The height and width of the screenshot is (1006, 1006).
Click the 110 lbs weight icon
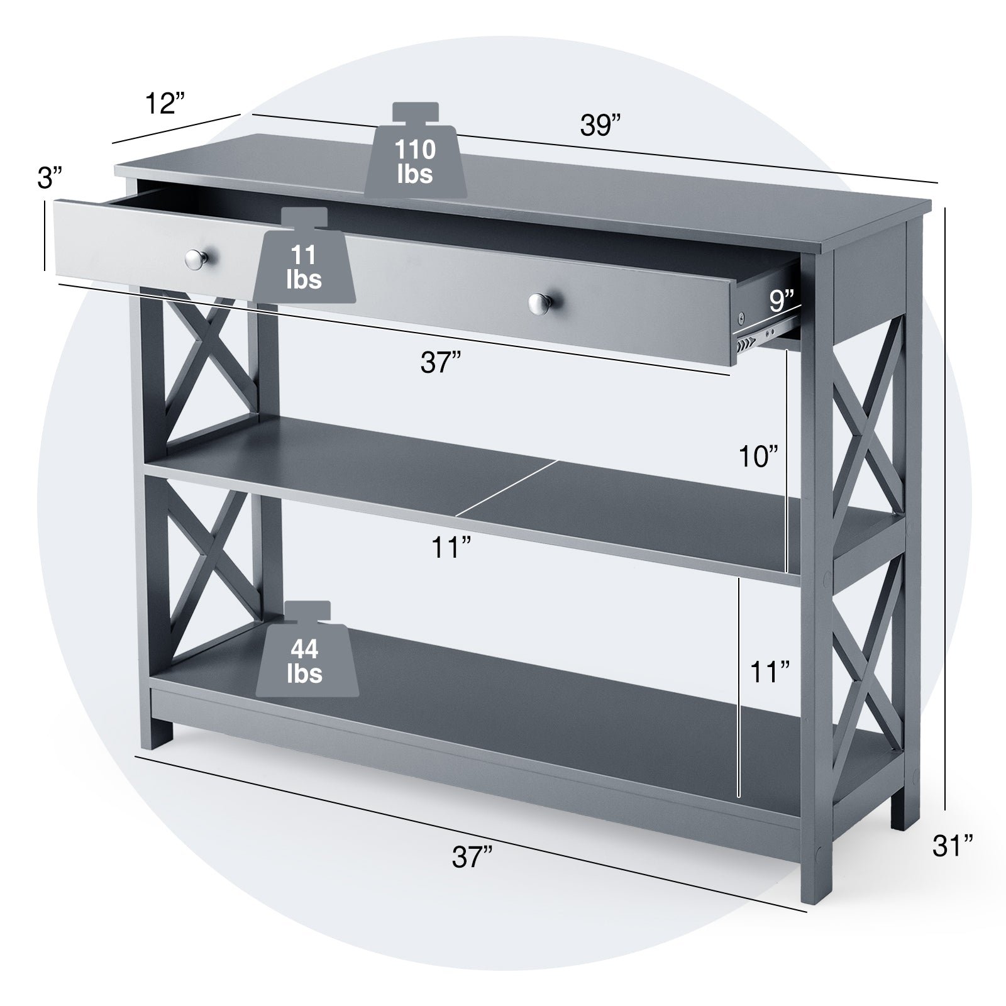(x=416, y=153)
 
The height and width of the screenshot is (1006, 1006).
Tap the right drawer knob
(x=539, y=304)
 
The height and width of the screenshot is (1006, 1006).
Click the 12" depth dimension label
(x=165, y=103)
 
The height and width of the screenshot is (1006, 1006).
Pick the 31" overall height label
(x=953, y=846)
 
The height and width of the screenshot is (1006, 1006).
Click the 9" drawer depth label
(x=782, y=301)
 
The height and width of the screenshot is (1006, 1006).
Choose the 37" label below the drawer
(x=441, y=363)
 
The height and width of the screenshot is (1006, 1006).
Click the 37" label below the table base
(x=472, y=857)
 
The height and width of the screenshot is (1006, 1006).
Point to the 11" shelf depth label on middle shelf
(x=451, y=548)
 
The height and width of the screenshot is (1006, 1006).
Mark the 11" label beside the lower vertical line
(x=770, y=672)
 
